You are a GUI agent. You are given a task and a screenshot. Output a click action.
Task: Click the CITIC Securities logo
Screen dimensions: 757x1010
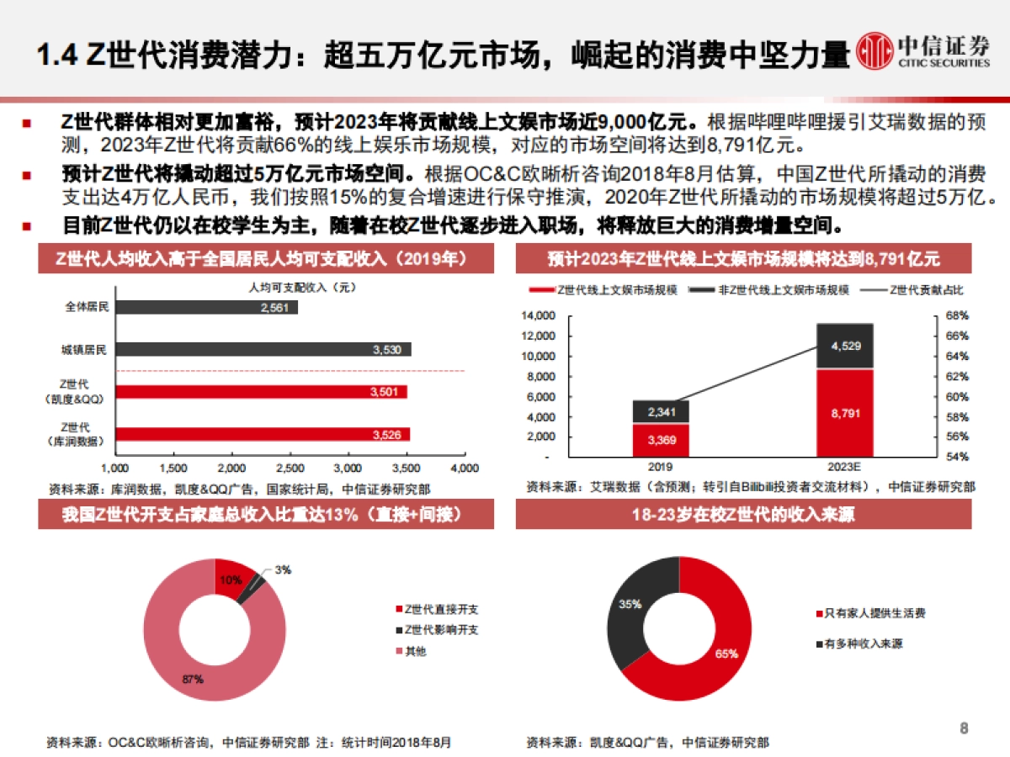[922, 53]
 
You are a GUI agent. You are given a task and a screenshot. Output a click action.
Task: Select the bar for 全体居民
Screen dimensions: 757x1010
[206, 308]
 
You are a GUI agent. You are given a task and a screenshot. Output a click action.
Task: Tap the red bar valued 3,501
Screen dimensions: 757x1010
[261, 392]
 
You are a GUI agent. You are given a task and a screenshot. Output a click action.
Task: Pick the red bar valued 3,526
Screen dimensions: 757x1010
[262, 434]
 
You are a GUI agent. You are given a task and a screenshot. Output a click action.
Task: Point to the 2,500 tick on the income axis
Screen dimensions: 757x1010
[290, 468]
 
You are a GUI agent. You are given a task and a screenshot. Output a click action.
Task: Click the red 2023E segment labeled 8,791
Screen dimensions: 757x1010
[844, 412]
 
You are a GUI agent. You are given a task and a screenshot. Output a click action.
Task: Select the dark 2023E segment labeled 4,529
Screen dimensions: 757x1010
[844, 346]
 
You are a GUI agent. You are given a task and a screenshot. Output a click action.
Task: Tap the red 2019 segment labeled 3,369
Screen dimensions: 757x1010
[661, 439]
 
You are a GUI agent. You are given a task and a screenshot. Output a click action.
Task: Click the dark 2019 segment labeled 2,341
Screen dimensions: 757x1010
[661, 411]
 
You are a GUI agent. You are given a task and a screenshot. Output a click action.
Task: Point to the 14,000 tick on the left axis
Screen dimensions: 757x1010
[540, 316]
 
